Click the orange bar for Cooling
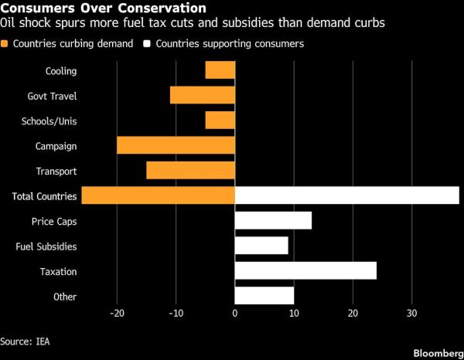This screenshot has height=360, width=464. click(x=220, y=70)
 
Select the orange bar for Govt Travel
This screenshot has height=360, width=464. click(x=203, y=95)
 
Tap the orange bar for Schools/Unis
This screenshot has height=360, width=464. click(x=220, y=121)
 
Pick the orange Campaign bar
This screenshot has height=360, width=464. click(x=176, y=145)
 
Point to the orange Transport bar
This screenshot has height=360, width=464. click(x=190, y=171)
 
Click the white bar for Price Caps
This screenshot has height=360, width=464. click(x=273, y=221)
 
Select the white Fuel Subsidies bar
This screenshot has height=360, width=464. click(x=261, y=246)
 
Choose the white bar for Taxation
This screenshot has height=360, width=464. click(x=305, y=271)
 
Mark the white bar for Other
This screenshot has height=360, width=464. click(x=264, y=296)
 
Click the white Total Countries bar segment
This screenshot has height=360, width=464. click(x=346, y=195)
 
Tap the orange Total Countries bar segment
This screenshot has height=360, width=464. click(x=159, y=195)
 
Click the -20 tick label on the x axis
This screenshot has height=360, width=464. click(x=117, y=314)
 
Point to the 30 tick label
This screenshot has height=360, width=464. click(x=411, y=314)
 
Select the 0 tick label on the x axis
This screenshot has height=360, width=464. click(x=235, y=314)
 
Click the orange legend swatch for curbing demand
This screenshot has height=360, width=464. click(x=5, y=44)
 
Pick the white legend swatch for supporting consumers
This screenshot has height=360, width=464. click(x=148, y=44)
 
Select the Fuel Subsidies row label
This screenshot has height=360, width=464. click(x=46, y=246)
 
